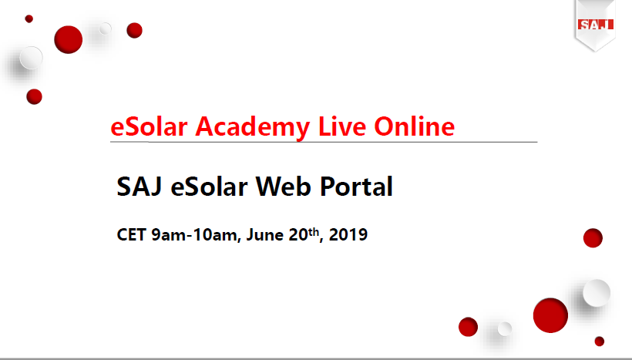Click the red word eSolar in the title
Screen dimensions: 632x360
click(x=149, y=126)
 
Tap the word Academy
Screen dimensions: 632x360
click(x=253, y=128)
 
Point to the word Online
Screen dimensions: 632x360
click(x=415, y=126)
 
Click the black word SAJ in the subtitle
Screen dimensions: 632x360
click(x=140, y=187)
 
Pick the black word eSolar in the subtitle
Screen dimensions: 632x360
click(x=209, y=187)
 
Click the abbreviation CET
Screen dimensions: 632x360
click(x=131, y=234)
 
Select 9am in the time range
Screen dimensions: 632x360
click(x=169, y=235)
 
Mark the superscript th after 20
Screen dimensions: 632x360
click(x=314, y=231)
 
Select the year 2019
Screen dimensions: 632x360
click(x=348, y=234)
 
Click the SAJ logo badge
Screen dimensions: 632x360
click(x=595, y=25)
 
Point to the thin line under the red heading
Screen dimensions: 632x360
click(x=324, y=142)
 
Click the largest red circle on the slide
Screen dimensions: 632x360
click(x=550, y=315)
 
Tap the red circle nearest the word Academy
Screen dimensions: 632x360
click(x=134, y=30)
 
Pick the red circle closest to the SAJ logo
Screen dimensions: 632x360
click(x=593, y=238)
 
